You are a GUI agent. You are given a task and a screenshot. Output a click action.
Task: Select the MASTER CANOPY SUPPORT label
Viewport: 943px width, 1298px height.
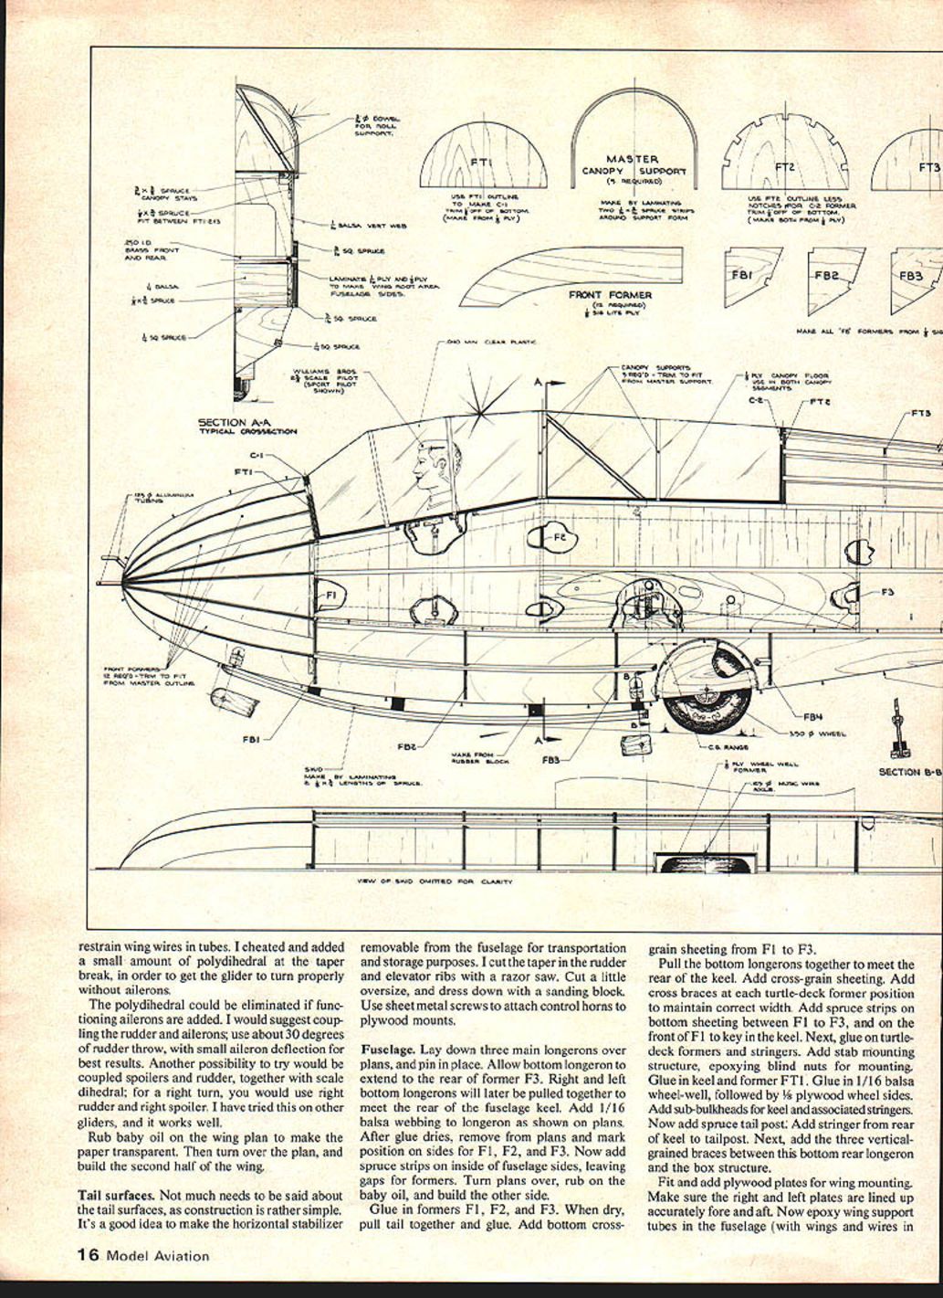tap(634, 165)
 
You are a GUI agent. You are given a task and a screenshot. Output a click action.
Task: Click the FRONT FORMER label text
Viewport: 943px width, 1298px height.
tap(611, 295)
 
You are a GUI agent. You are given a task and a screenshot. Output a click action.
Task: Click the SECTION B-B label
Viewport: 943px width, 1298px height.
tap(909, 772)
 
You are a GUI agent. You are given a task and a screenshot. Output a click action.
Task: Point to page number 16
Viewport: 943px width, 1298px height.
tap(89, 1255)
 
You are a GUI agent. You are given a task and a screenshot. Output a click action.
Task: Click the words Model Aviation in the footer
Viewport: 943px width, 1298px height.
tap(158, 1256)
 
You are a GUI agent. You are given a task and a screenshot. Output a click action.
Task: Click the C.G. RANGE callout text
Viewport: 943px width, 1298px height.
tap(728, 747)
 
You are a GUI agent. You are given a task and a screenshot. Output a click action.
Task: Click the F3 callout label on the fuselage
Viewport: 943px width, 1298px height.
tap(887, 592)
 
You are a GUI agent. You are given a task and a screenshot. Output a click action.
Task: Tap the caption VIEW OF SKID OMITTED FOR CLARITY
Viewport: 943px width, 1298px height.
tap(435, 882)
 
